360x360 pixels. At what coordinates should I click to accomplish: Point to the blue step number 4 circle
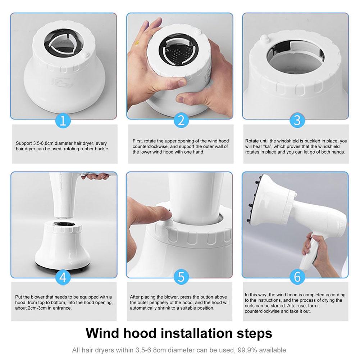(63, 277)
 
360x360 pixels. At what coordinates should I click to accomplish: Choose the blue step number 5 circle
(181, 277)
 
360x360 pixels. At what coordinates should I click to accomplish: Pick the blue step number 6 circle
(296, 277)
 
